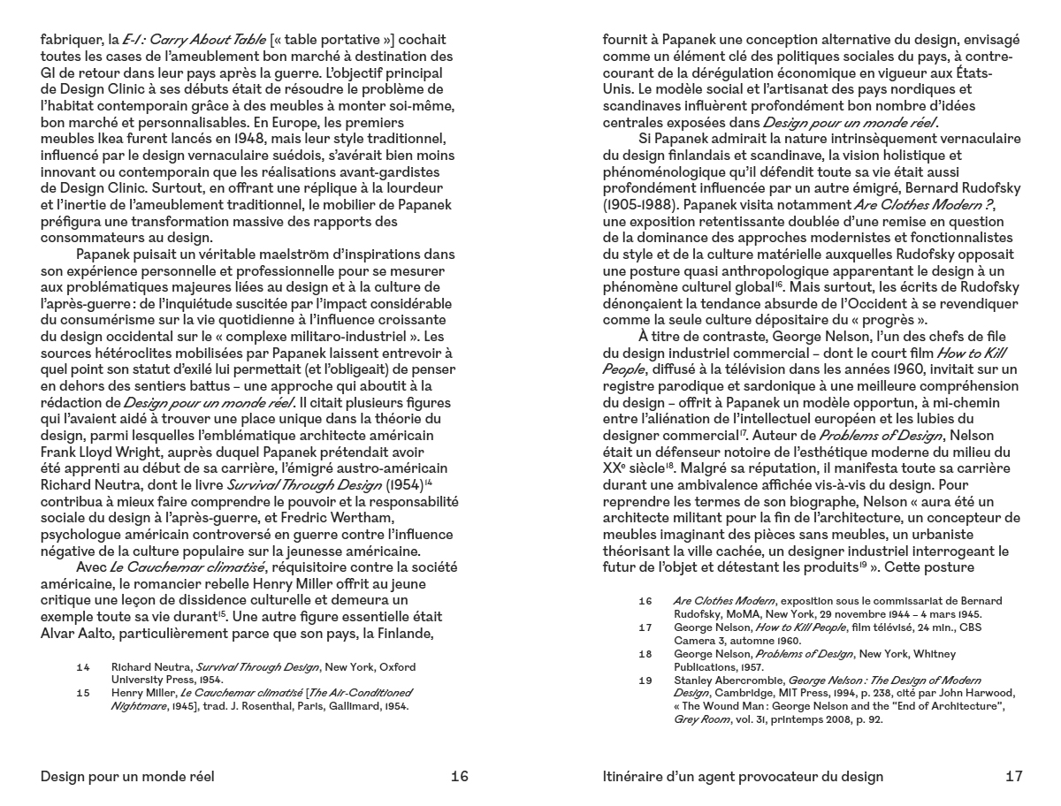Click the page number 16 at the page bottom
[459, 777]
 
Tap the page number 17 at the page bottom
[1013, 777]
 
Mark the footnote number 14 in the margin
[83, 666]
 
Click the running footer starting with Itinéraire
[742, 777]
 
